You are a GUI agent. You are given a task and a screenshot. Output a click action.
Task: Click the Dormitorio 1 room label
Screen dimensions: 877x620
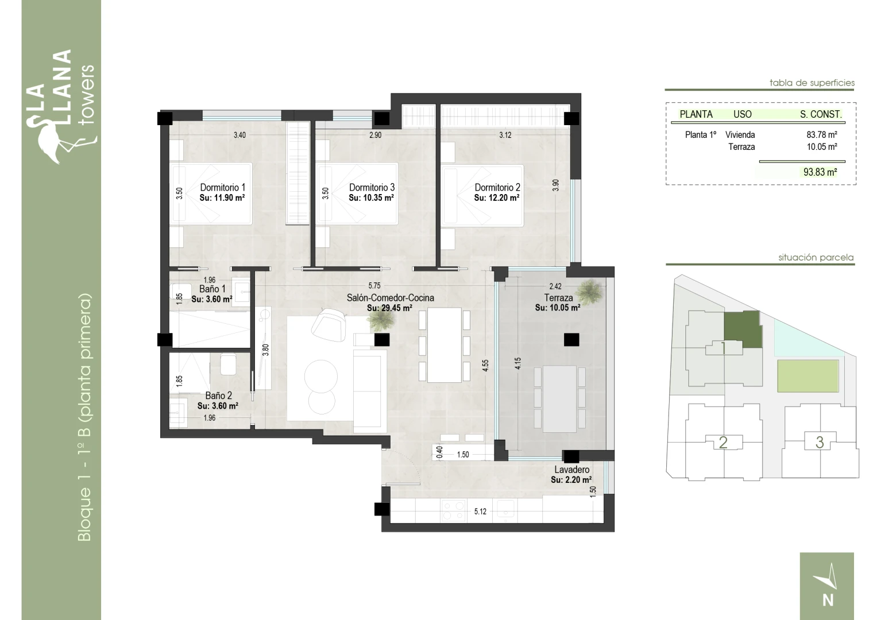(x=222, y=188)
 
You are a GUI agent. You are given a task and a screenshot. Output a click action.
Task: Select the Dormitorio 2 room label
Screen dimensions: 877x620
(x=497, y=188)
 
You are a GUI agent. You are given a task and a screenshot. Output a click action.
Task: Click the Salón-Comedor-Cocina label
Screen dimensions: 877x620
(x=391, y=298)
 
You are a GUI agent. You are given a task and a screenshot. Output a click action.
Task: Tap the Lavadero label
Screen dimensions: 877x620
(x=571, y=470)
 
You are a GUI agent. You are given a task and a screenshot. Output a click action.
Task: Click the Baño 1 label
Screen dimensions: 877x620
(x=212, y=289)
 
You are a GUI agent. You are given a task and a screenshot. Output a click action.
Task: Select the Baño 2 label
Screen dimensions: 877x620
(x=218, y=396)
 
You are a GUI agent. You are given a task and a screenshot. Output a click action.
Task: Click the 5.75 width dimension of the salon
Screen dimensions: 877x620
(x=374, y=286)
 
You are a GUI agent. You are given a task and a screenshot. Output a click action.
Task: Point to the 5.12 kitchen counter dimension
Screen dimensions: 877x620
(x=480, y=511)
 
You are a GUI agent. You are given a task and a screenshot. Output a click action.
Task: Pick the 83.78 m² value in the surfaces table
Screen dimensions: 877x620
(x=822, y=135)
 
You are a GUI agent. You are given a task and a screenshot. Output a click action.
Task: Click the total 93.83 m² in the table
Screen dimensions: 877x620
(x=820, y=172)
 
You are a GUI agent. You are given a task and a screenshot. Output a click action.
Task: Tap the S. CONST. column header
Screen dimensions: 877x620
(x=821, y=114)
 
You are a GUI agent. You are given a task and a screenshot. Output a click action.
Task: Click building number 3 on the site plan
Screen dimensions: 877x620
(x=820, y=442)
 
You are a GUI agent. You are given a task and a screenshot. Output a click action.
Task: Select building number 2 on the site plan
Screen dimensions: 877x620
(x=723, y=442)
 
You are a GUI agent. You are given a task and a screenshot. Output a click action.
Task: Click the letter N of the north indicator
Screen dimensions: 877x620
(x=828, y=600)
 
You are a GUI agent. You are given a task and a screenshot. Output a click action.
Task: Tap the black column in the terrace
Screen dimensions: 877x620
(x=571, y=340)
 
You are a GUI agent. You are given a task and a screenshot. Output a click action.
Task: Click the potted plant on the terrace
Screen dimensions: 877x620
(x=589, y=292)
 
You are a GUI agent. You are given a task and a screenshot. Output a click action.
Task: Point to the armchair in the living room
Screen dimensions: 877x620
(x=329, y=324)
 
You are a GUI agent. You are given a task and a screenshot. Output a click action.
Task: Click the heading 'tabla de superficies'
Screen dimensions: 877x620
(x=812, y=83)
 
